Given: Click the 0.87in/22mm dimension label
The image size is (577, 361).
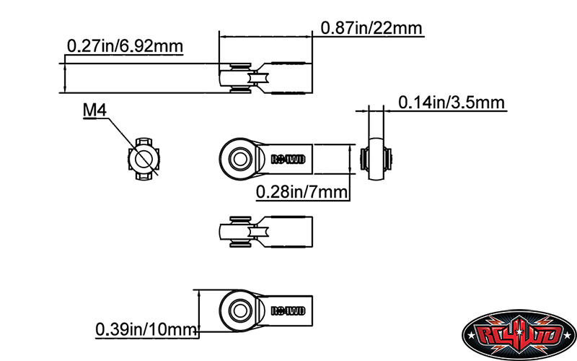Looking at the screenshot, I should tap(371, 28).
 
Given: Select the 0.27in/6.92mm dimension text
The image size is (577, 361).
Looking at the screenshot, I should tap(124, 46).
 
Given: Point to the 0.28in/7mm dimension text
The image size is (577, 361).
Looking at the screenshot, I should tap(301, 191).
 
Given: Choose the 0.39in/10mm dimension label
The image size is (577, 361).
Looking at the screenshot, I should tap(146, 330).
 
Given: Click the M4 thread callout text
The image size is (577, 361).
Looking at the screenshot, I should tap(95, 110).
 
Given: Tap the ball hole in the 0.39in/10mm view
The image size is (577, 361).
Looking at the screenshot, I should tap(237, 310).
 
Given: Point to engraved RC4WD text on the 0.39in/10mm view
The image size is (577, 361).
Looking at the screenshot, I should tap(288, 311).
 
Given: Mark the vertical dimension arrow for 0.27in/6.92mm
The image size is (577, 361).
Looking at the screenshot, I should tap(65, 77).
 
